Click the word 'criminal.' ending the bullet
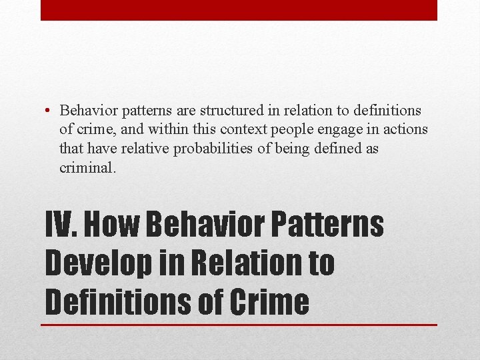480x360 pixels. pos(88,167)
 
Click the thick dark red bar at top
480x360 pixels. pos(239,10)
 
